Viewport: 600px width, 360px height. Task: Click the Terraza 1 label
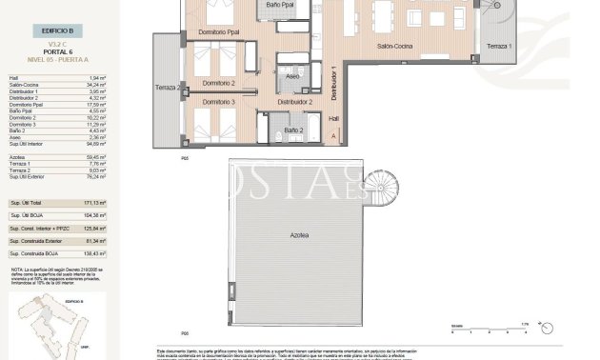(498, 46)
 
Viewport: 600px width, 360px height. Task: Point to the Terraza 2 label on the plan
(167, 89)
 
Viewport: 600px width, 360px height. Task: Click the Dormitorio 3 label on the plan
(218, 101)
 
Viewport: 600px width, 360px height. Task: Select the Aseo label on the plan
(293, 74)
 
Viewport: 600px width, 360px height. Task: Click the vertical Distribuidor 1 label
(333, 84)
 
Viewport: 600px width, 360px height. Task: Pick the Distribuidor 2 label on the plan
(295, 101)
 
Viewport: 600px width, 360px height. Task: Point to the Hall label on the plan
(332, 119)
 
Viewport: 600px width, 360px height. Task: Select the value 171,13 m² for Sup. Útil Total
(91, 204)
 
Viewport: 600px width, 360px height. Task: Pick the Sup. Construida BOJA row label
(34, 253)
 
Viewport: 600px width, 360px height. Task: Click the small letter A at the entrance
(332, 137)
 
